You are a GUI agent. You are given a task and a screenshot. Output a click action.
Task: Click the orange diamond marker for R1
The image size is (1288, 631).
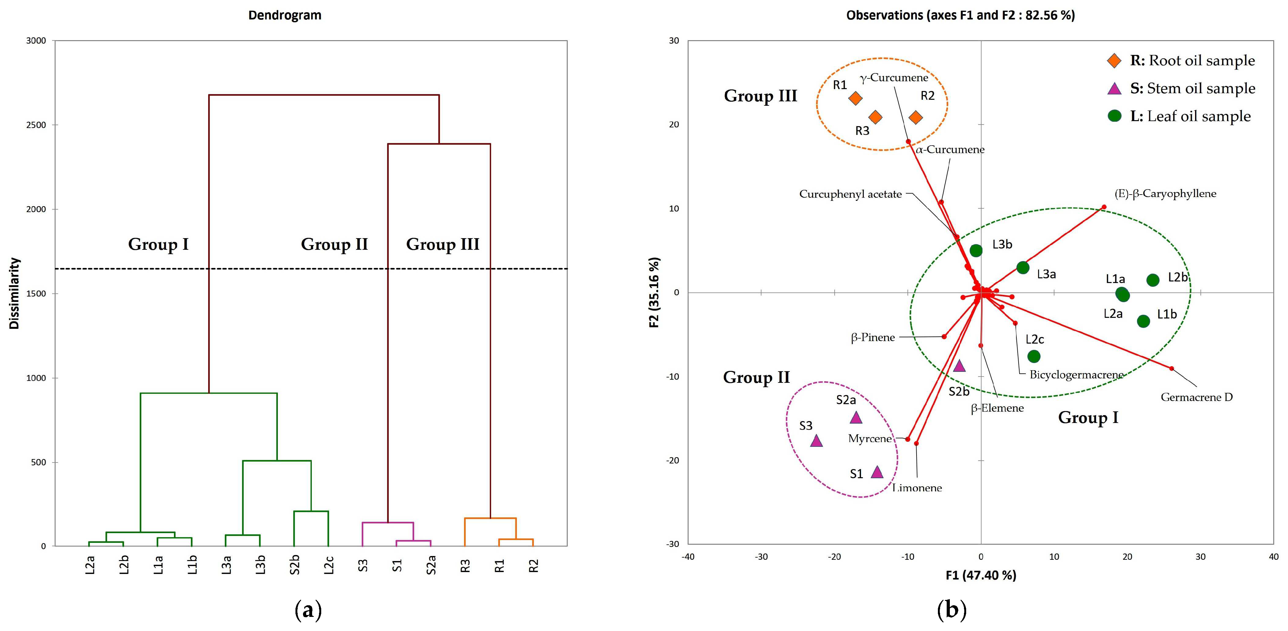pyautogui.click(x=856, y=98)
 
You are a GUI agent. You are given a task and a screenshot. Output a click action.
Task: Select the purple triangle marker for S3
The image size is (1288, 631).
pyautogui.click(x=816, y=441)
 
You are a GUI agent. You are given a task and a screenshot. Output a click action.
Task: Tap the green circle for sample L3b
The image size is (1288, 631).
pyautogui.click(x=976, y=250)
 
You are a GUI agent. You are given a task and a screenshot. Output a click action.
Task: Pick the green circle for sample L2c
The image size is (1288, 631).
pyautogui.click(x=1033, y=356)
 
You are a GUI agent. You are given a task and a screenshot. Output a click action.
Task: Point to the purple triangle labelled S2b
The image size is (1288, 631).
pyautogui.click(x=959, y=366)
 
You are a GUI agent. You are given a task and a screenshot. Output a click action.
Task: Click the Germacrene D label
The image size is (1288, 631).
pyautogui.click(x=1197, y=397)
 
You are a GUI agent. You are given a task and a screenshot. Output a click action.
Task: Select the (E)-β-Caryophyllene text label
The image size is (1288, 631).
pyautogui.click(x=1165, y=194)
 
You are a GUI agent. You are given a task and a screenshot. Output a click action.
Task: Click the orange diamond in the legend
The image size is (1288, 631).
pyautogui.click(x=1114, y=61)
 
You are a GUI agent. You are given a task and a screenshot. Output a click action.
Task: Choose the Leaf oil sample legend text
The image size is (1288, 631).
pyautogui.click(x=1190, y=116)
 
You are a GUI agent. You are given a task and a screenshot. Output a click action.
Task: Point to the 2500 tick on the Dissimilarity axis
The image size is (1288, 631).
pyautogui.click(x=36, y=125)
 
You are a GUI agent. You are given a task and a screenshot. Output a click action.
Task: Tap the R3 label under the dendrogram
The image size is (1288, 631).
pyautogui.click(x=465, y=565)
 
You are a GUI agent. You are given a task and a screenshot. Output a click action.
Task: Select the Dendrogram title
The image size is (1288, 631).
pyautogui.click(x=284, y=15)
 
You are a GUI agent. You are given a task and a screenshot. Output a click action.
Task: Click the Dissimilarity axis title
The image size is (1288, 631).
pyautogui.click(x=14, y=293)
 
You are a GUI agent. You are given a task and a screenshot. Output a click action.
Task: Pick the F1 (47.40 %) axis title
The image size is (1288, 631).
pyautogui.click(x=981, y=575)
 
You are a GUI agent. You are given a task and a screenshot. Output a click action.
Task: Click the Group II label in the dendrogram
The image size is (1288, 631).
pyautogui.click(x=334, y=244)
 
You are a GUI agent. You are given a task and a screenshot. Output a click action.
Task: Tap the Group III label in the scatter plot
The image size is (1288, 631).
pyautogui.click(x=760, y=96)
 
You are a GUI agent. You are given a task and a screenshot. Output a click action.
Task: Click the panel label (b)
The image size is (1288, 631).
pyautogui.click(x=951, y=610)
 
